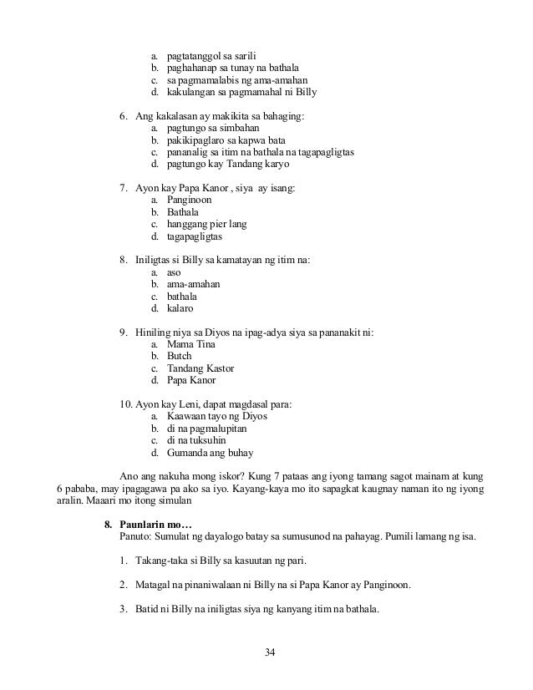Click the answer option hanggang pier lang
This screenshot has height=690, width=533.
tap(206, 225)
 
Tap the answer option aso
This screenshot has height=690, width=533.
tap(174, 272)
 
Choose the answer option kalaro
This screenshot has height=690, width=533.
tap(180, 308)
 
